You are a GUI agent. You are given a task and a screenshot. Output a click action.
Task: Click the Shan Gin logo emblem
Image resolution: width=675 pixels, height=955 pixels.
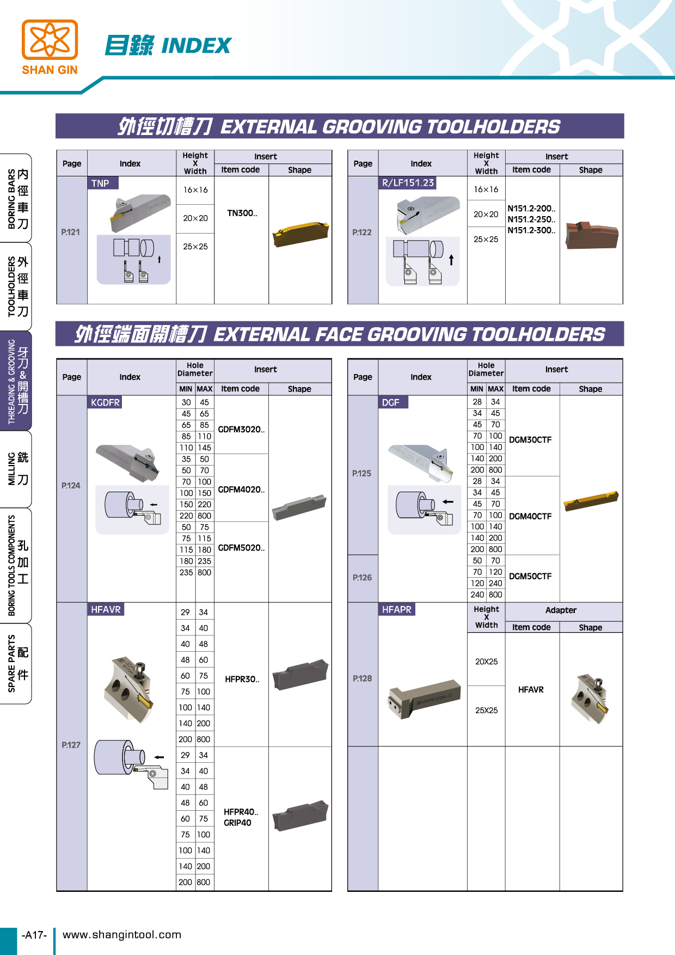click(50, 39)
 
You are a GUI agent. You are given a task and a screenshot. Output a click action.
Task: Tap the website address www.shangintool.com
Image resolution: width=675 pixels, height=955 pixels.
click(122, 935)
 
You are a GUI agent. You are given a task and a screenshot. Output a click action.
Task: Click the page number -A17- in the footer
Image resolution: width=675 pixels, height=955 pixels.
click(34, 935)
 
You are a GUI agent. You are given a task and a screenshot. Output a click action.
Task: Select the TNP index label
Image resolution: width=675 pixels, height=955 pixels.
click(100, 183)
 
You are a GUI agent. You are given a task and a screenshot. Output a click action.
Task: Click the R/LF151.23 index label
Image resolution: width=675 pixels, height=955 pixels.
click(408, 183)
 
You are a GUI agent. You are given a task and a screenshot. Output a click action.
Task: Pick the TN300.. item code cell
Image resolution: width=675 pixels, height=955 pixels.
click(242, 213)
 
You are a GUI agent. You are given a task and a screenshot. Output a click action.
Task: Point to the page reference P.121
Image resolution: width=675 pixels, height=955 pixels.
click(71, 232)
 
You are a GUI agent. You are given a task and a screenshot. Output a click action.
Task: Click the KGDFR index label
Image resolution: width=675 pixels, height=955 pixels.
click(105, 402)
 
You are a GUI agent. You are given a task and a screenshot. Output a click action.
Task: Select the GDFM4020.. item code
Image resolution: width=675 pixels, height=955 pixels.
click(241, 489)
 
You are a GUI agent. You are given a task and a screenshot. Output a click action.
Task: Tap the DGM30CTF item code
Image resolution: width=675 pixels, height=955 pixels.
click(530, 440)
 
